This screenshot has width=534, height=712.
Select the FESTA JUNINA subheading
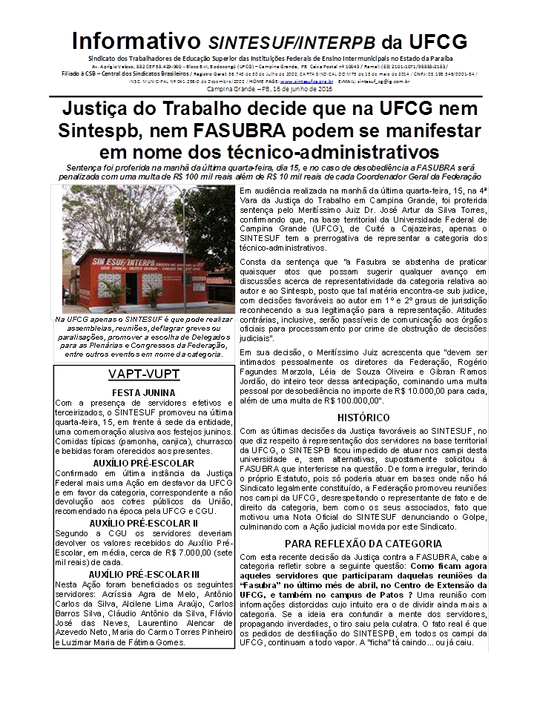coord(142,392)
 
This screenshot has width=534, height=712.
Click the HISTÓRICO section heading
coord(363,418)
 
